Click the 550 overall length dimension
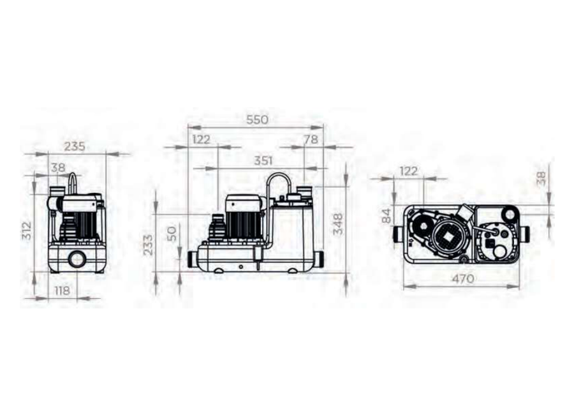coord(257,120)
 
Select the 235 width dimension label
coord(75,146)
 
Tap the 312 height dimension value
coord(27,231)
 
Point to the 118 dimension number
coord(62,290)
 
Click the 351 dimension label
coord(263,161)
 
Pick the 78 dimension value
coord(311,140)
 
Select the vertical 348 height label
coord(337,224)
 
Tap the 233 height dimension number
coord(148,245)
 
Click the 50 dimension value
coord(172,234)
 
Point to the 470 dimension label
coord(463,279)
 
